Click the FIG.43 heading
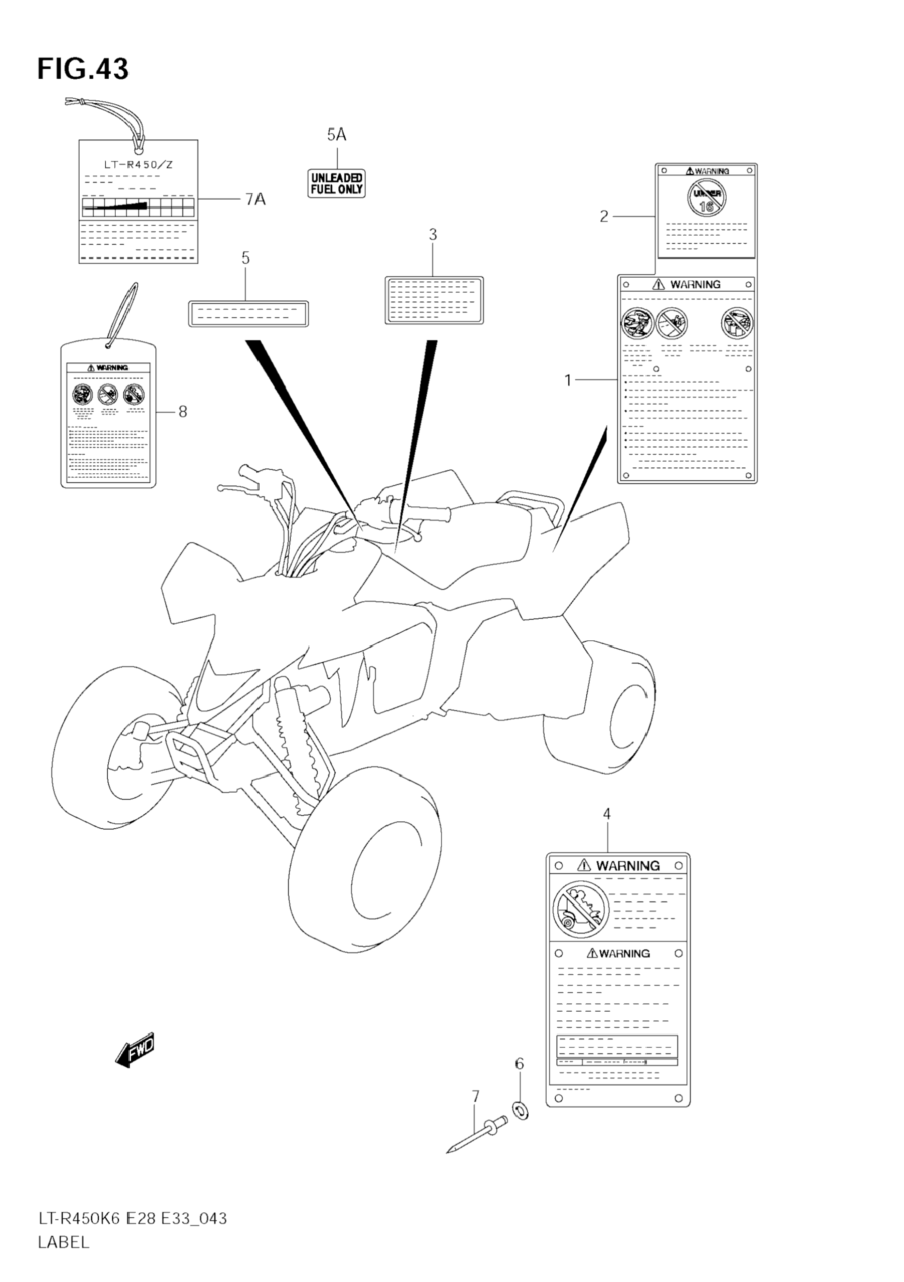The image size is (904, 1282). pyautogui.click(x=83, y=69)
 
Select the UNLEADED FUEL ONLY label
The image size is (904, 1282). pyautogui.click(x=336, y=184)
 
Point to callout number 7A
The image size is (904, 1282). pyautogui.click(x=255, y=200)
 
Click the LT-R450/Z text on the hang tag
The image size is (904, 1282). pyautogui.click(x=138, y=165)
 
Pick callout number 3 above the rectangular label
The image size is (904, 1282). pyautogui.click(x=433, y=235)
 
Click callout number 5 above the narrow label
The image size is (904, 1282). pyautogui.click(x=246, y=259)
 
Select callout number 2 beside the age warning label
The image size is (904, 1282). pyautogui.click(x=604, y=217)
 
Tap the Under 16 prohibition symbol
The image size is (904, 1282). pyautogui.click(x=707, y=198)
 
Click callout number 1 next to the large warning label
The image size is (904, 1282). pyautogui.click(x=568, y=381)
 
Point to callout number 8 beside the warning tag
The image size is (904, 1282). pyautogui.click(x=182, y=412)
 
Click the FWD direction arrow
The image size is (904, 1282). pyautogui.click(x=135, y=1050)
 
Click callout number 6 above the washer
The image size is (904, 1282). pyautogui.click(x=520, y=1064)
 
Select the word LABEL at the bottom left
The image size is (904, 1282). pyautogui.click(x=64, y=1242)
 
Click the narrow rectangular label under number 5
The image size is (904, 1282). pyautogui.click(x=249, y=314)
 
